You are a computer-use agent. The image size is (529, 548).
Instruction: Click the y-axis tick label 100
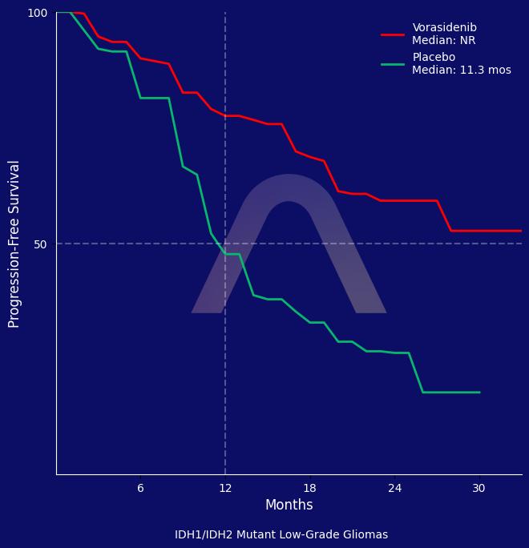pyautogui.click(x=38, y=13)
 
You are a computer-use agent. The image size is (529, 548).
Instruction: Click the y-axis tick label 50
pyautogui.click(x=41, y=244)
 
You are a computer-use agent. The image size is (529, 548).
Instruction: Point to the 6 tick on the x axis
pyautogui.click(x=140, y=488)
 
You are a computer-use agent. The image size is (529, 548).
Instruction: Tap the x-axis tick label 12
pyautogui.click(x=225, y=488)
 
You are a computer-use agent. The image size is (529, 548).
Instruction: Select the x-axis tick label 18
pyautogui.click(x=309, y=488)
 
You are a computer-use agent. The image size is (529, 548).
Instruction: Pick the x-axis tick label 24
pyautogui.click(x=394, y=488)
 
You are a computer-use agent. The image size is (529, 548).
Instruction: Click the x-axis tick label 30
pyautogui.click(x=479, y=488)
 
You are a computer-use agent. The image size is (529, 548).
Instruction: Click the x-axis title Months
pyautogui.click(x=289, y=505)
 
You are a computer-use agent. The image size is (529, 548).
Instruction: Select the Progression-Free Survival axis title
pyautogui.click(x=14, y=244)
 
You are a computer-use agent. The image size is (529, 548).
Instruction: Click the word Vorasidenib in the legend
pyautogui.click(x=444, y=27)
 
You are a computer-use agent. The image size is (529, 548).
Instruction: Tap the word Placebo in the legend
pyautogui.click(x=434, y=57)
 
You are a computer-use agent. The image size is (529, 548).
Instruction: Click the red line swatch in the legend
pyautogui.click(x=393, y=34)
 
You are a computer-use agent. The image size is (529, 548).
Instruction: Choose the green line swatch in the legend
pyautogui.click(x=393, y=64)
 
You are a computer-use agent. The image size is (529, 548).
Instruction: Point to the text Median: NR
pyautogui.click(x=443, y=40)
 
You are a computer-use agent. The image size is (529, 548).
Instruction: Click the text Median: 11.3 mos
pyautogui.click(x=461, y=70)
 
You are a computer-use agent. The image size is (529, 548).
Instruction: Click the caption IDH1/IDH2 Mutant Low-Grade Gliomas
pyautogui.click(x=281, y=534)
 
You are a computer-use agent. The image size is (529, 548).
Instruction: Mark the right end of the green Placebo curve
pyautogui.click(x=479, y=393)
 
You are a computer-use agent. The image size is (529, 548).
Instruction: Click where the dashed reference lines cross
pyautogui.click(x=225, y=244)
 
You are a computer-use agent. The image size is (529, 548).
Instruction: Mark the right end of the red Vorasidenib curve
pyautogui.click(x=521, y=231)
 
